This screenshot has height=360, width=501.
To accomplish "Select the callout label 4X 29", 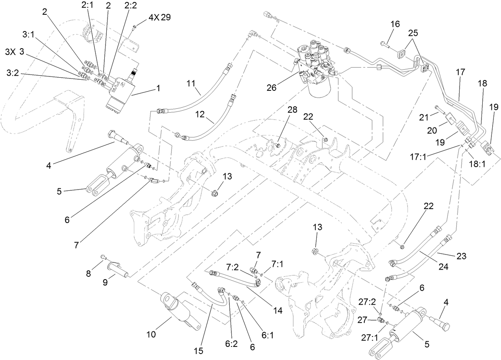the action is click(x=157, y=18).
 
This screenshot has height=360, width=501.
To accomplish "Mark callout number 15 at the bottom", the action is click(x=198, y=351).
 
